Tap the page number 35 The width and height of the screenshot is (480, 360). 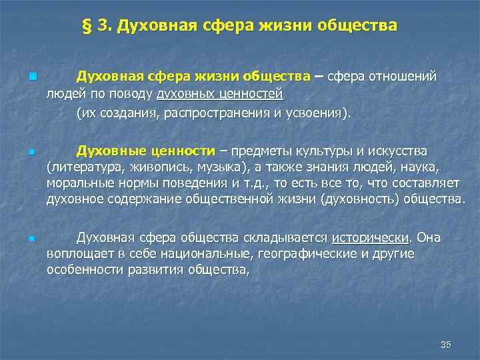coord(446,345)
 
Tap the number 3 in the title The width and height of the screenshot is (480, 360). coord(101,26)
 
